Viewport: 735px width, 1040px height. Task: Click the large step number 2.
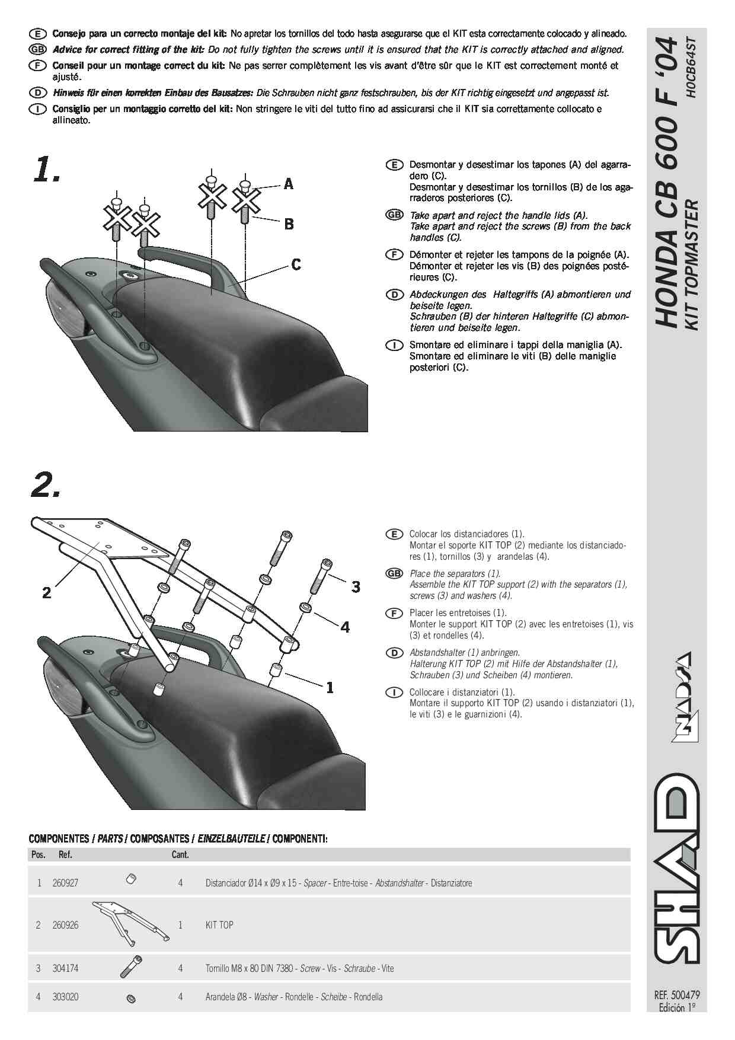tap(45, 486)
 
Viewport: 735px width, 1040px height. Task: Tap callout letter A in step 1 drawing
tap(289, 184)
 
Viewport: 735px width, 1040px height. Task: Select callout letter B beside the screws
tap(289, 224)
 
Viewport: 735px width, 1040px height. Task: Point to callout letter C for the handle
tap(296, 264)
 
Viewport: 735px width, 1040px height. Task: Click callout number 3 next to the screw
tap(356, 587)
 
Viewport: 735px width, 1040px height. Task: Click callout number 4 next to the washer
tap(345, 627)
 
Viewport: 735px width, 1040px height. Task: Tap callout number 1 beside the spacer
tap(330, 688)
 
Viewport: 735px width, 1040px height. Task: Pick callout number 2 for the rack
tap(47, 592)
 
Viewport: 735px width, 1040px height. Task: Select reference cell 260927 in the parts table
tap(65, 883)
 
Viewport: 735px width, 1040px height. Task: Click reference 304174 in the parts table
tap(65, 968)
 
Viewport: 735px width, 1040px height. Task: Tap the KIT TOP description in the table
tap(219, 925)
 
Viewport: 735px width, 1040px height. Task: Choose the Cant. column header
tap(180, 855)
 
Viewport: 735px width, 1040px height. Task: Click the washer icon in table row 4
tap(132, 1000)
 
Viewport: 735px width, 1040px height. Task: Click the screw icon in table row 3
tap(131, 967)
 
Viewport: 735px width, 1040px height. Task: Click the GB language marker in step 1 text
tap(394, 215)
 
